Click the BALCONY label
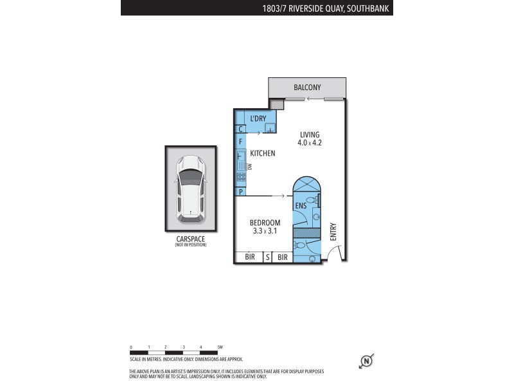[307, 87]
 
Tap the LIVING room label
[310, 134]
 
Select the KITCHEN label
[262, 153]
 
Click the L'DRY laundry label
[258, 118]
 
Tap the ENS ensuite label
[300, 206]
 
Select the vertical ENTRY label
[333, 232]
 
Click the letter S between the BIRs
[267, 257]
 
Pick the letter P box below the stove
[240, 192]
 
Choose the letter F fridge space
[240, 141]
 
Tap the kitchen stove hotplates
[241, 176]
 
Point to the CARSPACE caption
[191, 239]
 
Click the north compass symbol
[366, 361]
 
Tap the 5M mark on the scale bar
[220, 347]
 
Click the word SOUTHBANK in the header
[370, 8]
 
